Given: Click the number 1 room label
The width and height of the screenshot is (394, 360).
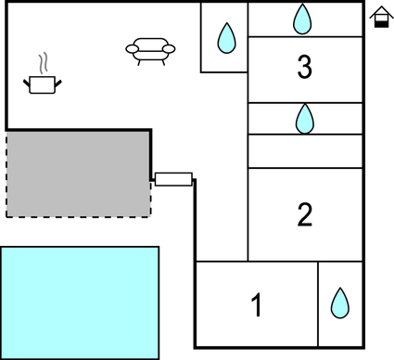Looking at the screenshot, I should pos(257,304).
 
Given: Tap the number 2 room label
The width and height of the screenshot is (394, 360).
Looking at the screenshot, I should pos(305,214).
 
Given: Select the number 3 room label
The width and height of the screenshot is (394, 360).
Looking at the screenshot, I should pos(305,67).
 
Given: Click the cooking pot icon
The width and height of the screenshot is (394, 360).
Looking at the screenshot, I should pos(43,84).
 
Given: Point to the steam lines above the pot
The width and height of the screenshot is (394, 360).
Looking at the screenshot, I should pos(43,62).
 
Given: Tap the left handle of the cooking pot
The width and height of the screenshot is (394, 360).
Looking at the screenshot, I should pos(27,83).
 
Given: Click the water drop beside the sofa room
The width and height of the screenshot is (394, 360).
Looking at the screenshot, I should pos(225,37).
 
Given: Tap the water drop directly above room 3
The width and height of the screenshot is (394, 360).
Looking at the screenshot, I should pos(303,19).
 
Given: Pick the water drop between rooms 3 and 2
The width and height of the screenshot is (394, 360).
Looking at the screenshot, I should pos(305,118).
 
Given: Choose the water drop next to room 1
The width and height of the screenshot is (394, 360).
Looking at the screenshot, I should pos(340,303).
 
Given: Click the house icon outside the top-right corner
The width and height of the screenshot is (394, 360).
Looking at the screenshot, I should pos(379,18).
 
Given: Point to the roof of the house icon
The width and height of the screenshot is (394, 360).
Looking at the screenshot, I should pos(379,12).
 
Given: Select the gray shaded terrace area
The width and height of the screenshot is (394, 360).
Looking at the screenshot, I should pos(78,173).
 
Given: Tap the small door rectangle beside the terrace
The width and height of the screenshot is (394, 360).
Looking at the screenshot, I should pos(173,179).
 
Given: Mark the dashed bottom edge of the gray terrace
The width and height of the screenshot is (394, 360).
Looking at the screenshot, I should pos(78,216).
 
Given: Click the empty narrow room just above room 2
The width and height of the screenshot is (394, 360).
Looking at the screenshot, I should pos(305,151).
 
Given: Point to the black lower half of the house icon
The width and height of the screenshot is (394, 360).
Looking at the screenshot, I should pos(379,23).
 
